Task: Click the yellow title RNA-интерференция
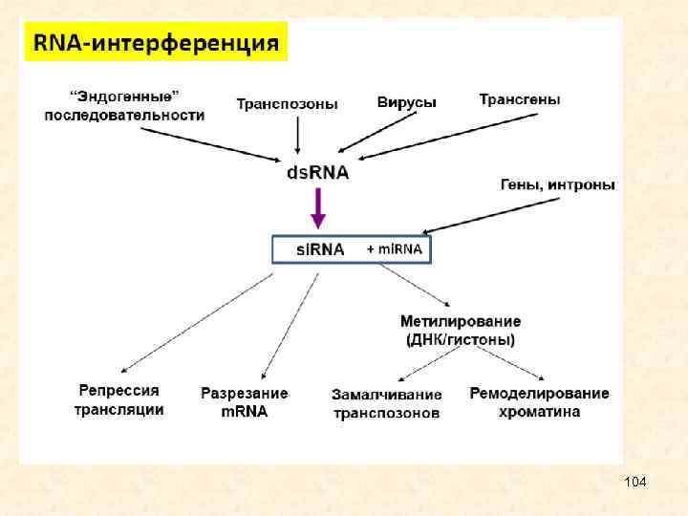tap(156, 43)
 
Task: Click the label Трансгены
tap(519, 98)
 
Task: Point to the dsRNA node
tap(318, 173)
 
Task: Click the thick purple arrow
tap(318, 207)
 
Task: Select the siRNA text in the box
tap(318, 249)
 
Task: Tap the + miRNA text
tap(396, 248)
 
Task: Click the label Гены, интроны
tap(557, 184)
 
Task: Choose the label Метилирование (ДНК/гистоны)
tap(461, 331)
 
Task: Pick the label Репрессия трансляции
tap(119, 400)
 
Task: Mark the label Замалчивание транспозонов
tap(387, 404)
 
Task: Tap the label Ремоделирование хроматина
tap(539, 402)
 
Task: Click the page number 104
tap(634, 482)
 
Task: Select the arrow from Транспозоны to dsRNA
tap(298, 133)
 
